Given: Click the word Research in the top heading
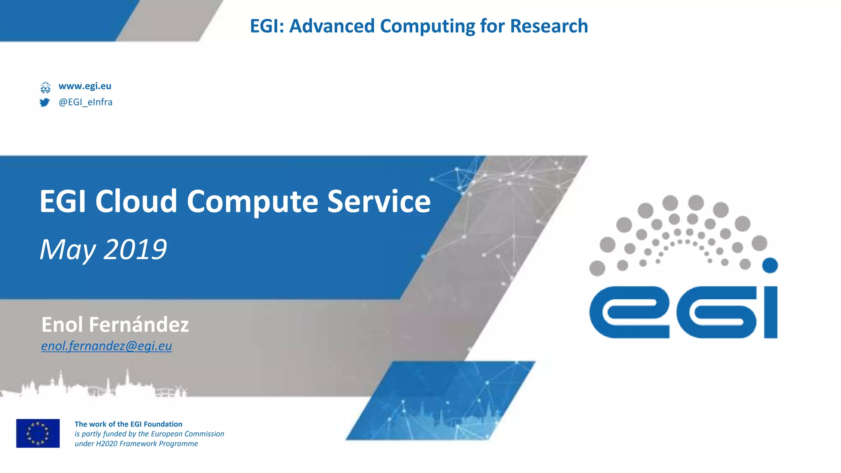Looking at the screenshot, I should tap(549, 26).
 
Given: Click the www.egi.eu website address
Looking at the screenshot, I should tap(85, 86).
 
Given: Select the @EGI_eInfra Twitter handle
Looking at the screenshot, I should tap(85, 102).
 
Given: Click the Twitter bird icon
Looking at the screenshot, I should tap(45, 102).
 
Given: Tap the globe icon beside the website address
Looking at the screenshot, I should tap(45, 87).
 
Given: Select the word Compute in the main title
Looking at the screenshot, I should tap(252, 202).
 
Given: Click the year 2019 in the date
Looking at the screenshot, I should tap(135, 249).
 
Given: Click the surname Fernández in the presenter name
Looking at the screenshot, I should tap(139, 324).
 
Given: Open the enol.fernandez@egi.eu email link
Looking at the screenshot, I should tap(106, 346).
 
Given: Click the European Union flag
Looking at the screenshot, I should tap(38, 433).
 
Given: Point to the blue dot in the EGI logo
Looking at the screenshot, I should tap(770, 265).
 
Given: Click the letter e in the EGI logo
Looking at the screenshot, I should tap(629, 312).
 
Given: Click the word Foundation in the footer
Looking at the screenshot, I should tap(162, 424).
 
